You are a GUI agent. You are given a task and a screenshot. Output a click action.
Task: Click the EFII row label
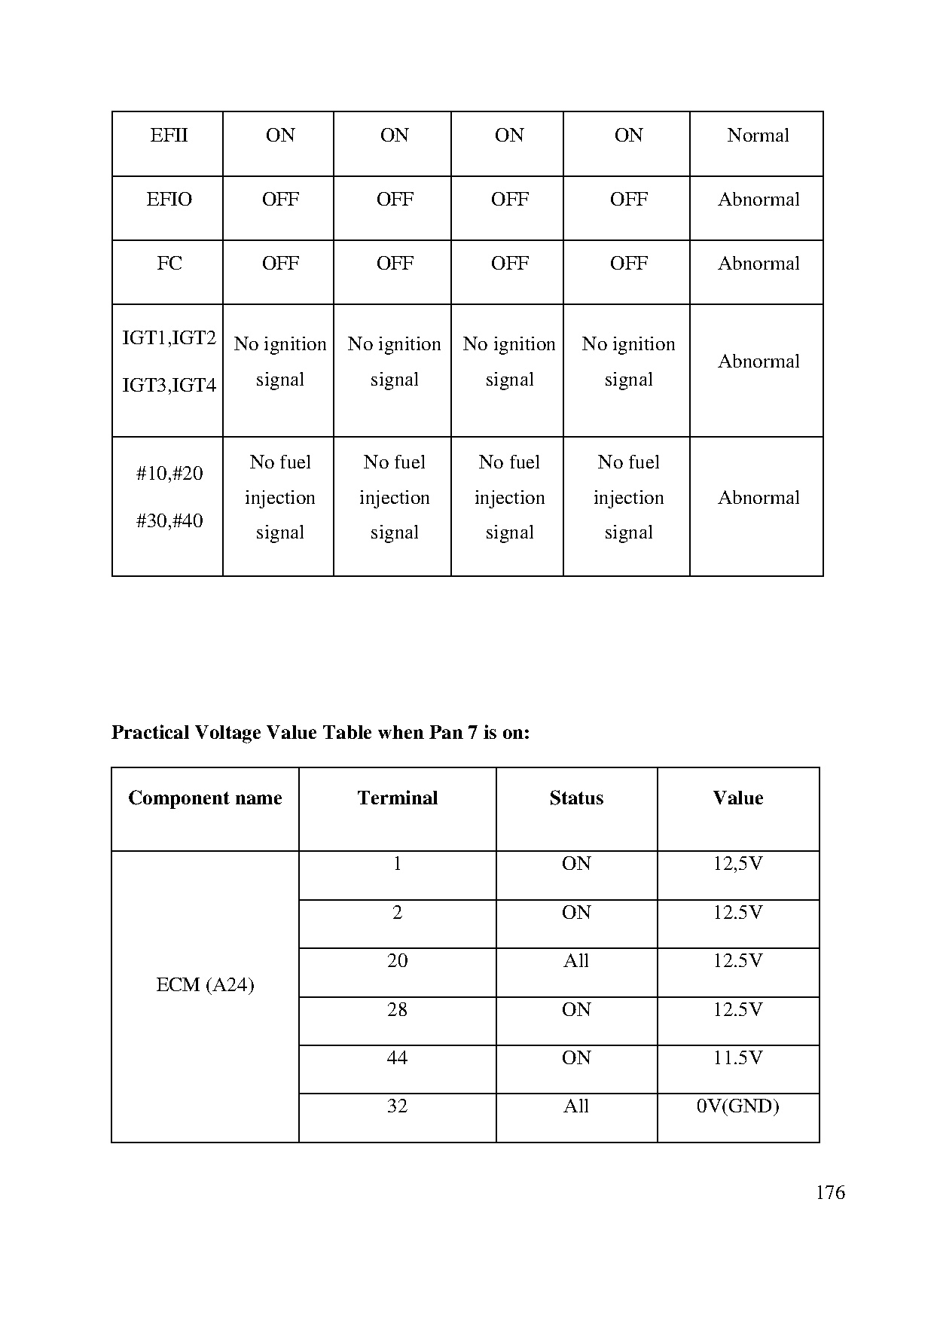click(x=169, y=136)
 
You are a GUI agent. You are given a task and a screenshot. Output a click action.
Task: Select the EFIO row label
click(x=169, y=200)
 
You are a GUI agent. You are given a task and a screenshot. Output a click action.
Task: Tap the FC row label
click(x=169, y=264)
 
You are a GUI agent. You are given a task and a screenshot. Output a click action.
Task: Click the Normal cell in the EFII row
click(x=758, y=136)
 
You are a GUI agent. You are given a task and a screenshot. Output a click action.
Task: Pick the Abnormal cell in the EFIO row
click(x=758, y=200)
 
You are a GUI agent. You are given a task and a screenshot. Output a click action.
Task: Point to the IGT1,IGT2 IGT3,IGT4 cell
click(x=169, y=362)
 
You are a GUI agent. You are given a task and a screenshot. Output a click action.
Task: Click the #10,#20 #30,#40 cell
click(x=169, y=497)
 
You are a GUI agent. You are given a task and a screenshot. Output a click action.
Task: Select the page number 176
click(x=830, y=1192)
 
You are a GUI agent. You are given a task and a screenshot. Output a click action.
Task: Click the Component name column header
click(x=205, y=798)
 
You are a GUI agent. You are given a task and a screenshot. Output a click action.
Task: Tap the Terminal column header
click(x=397, y=798)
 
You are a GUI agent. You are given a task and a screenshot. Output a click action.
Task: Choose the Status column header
click(x=576, y=798)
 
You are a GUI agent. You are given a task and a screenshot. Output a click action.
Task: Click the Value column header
click(x=737, y=798)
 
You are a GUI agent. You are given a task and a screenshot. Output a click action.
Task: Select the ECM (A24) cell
click(x=205, y=985)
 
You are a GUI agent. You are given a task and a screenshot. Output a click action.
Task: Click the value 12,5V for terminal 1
click(x=737, y=864)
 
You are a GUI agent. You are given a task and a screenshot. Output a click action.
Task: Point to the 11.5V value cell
click(x=737, y=1058)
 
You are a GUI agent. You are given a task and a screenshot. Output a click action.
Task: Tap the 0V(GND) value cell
click(x=737, y=1106)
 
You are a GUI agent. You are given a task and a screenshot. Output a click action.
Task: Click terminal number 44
click(x=397, y=1058)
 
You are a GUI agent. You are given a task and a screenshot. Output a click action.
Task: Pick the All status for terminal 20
click(x=576, y=961)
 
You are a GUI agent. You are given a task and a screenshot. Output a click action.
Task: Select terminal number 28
click(x=397, y=1010)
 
